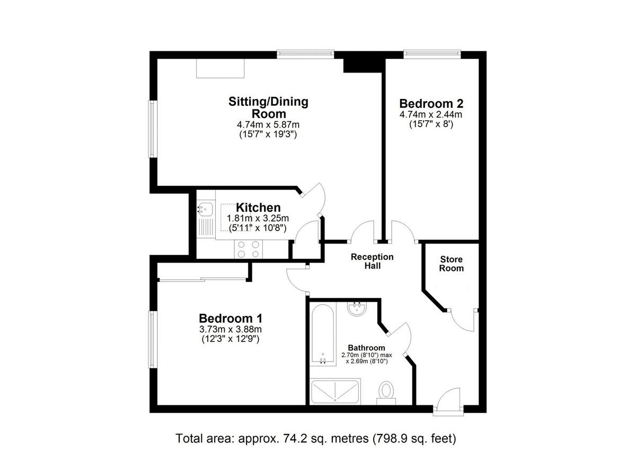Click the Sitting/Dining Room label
[x=268, y=107]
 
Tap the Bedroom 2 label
[x=431, y=103]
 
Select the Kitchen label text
[x=258, y=207]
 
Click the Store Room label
[x=451, y=264]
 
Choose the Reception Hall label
[x=372, y=261]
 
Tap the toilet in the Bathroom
[x=386, y=393]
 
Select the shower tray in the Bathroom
[x=335, y=392]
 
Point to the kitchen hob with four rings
[x=249, y=249]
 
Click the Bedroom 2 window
[x=431, y=53]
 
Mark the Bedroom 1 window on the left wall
[x=152, y=340]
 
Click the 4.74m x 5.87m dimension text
[x=268, y=125]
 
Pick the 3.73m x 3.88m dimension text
[x=230, y=330]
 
